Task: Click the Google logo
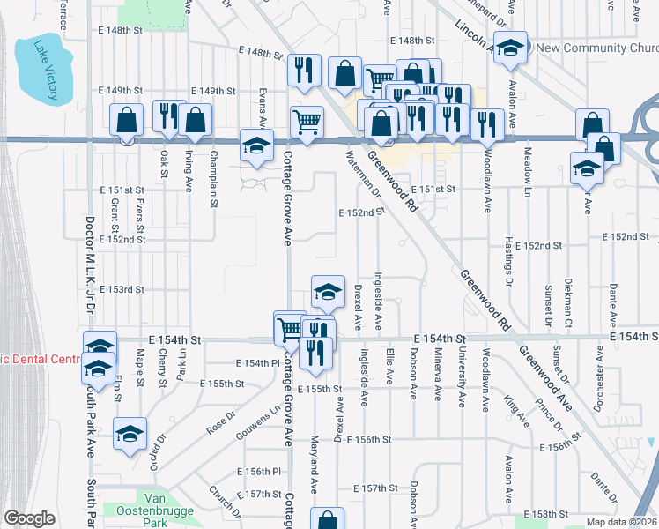click(29, 518)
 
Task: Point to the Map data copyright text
click(622, 522)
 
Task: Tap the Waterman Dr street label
click(362, 173)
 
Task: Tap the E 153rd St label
click(122, 289)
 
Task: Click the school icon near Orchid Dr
click(130, 434)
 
